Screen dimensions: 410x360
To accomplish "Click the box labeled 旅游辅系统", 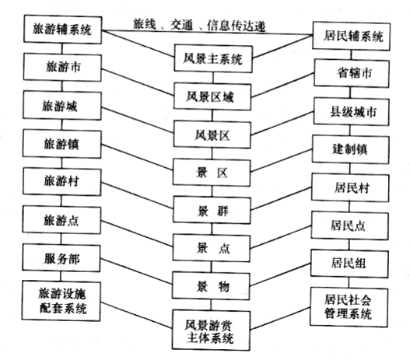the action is tap(62, 30).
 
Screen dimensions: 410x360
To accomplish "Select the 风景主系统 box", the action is tap(213, 59).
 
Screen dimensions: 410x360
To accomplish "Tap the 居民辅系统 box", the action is tap(352, 37).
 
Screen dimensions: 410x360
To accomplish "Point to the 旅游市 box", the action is tap(62, 68).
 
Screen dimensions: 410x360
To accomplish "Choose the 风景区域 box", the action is tap(212, 96).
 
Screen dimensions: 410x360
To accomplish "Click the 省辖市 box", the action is tap(352, 73).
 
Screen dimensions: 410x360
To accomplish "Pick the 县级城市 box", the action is tap(351, 112).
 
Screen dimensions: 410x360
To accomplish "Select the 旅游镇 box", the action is tap(62, 144).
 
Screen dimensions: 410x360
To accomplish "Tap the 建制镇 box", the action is tap(350, 149).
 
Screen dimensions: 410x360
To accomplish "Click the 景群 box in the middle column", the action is tap(212, 210).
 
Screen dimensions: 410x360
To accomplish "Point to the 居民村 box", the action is tap(350, 188).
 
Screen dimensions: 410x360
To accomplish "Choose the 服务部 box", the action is tap(61, 259).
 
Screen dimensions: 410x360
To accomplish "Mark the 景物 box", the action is tap(211, 286).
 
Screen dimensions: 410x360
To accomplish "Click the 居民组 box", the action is tap(349, 264).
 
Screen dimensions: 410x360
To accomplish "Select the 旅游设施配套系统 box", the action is tap(61, 301).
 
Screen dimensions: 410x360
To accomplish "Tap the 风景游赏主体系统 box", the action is tap(211, 330).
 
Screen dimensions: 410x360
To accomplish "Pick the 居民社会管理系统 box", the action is tap(349, 307).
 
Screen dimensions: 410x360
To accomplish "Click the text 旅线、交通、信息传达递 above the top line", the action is tap(199, 26).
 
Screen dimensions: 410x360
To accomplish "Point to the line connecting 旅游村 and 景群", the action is tap(137, 195).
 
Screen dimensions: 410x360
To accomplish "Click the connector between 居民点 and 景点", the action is tap(281, 237).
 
